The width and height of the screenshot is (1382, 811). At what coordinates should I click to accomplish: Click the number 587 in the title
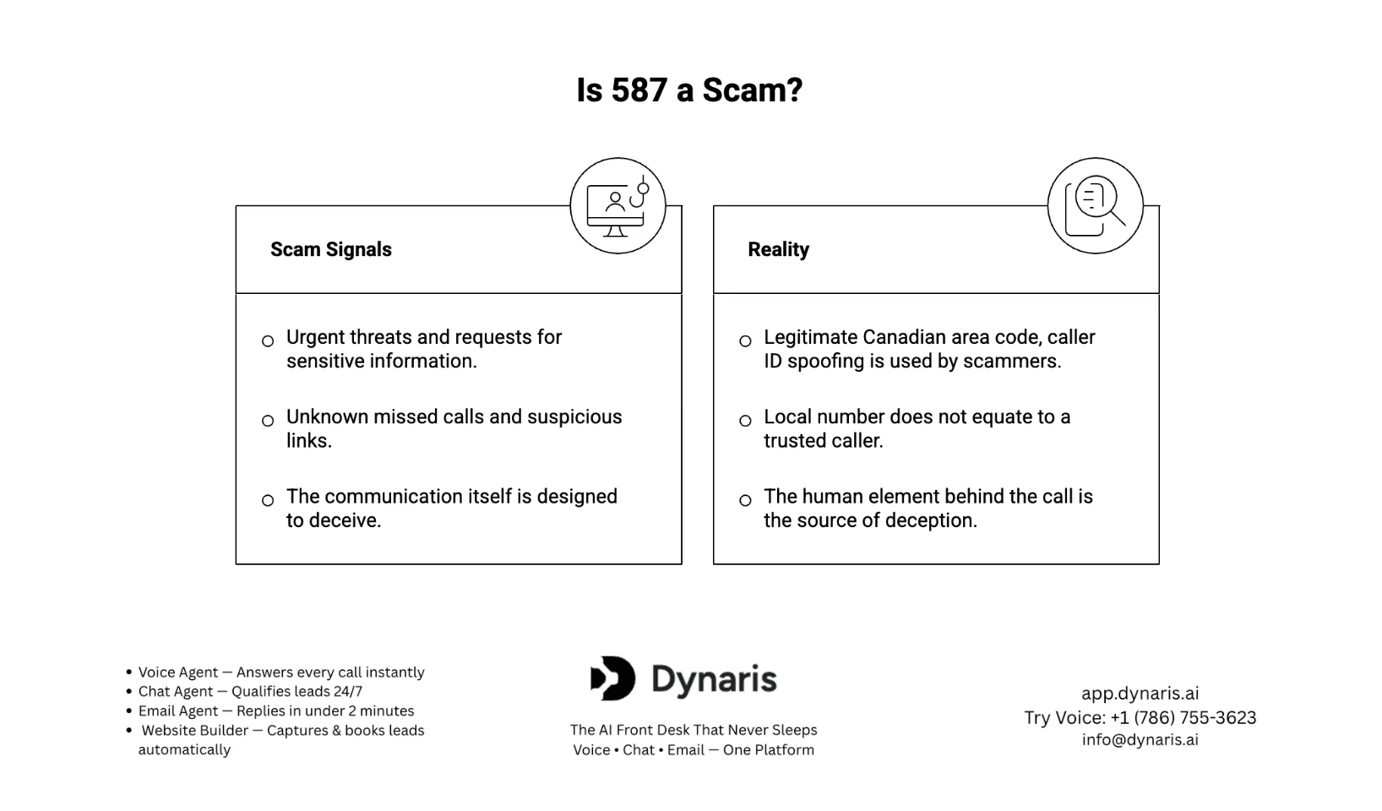(x=639, y=90)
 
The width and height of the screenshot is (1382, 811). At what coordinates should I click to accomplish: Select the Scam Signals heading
(x=330, y=249)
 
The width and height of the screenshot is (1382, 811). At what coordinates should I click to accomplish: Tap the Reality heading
(x=779, y=249)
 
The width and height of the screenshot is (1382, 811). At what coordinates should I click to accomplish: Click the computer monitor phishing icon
(x=618, y=205)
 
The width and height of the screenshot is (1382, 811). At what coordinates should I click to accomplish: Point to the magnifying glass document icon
(x=1095, y=205)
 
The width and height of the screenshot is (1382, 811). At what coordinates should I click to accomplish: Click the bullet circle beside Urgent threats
(x=268, y=341)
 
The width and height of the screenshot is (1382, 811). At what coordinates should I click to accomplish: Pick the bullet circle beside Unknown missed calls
(x=268, y=421)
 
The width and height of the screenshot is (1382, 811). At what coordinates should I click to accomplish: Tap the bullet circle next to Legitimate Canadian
(x=745, y=341)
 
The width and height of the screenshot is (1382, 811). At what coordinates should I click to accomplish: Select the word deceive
(x=345, y=520)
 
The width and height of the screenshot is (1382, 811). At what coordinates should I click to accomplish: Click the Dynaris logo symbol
(x=612, y=678)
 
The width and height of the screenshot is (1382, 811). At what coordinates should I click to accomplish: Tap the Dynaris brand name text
(x=714, y=680)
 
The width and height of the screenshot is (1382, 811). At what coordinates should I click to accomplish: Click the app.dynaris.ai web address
(x=1140, y=693)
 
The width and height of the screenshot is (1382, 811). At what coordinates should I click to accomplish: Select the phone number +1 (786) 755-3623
(x=1183, y=717)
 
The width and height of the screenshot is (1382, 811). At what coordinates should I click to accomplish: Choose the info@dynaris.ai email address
(x=1140, y=739)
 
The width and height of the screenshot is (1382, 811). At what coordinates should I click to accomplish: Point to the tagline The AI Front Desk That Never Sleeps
(x=694, y=730)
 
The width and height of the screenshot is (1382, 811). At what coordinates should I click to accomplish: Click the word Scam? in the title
(x=753, y=90)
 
